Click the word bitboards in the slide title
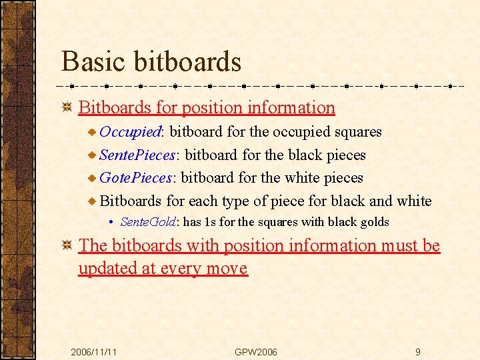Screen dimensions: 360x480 pyautogui.click(x=187, y=61)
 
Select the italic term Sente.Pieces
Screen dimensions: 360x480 pyautogui.click(x=137, y=155)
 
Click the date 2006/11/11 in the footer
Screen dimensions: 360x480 pyautogui.click(x=94, y=351)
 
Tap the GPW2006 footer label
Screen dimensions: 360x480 pyautogui.click(x=256, y=351)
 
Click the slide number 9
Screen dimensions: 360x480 pyautogui.click(x=417, y=351)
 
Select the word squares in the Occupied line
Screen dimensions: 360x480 pyautogui.click(x=358, y=131)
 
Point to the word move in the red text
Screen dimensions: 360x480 pyautogui.click(x=227, y=269)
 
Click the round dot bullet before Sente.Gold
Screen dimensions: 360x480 pyautogui.click(x=112, y=223)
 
